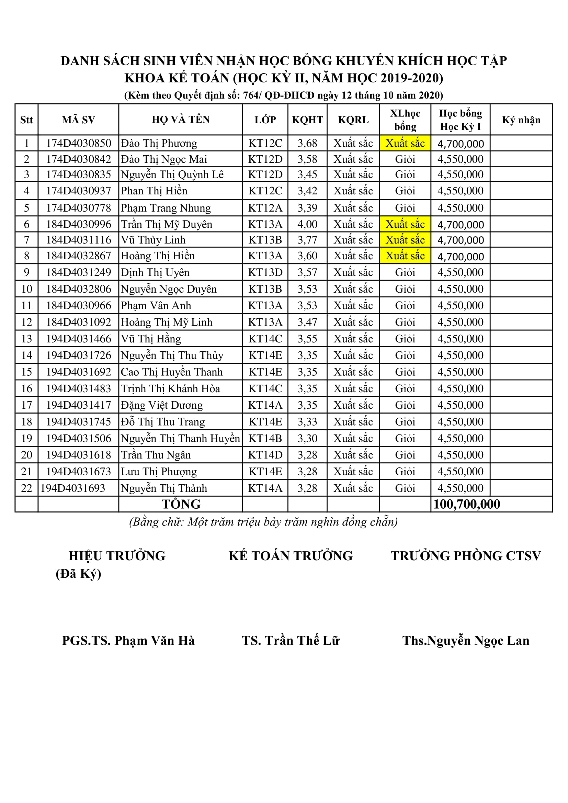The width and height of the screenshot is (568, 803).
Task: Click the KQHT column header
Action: pyautogui.click(x=307, y=120)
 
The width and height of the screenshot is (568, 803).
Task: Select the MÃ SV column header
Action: pyautogui.click(x=78, y=120)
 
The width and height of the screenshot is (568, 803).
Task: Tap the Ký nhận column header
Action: pyautogui.click(x=521, y=120)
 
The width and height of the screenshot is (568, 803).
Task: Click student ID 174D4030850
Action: pyautogui.click(x=78, y=143)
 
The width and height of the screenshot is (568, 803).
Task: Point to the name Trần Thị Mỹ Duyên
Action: pyautogui.click(x=167, y=224)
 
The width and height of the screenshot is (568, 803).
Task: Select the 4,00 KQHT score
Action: pyautogui.click(x=307, y=224)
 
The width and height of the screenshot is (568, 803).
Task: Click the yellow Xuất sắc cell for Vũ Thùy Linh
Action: pyautogui.click(x=405, y=240)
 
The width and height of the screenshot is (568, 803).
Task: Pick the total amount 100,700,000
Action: pyautogui.click(x=467, y=504)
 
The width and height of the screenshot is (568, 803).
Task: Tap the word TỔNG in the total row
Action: pyautogui.click(x=181, y=504)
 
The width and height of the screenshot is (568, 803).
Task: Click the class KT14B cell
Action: pyautogui.click(x=265, y=438)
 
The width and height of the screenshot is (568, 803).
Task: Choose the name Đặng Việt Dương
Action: pyautogui.click(x=162, y=405)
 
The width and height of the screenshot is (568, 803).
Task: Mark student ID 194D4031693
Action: pyautogui.click(x=73, y=488)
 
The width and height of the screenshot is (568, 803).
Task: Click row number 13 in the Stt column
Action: pyautogui.click(x=26, y=339)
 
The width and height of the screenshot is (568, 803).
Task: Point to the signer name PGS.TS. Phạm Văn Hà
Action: pyautogui.click(x=128, y=640)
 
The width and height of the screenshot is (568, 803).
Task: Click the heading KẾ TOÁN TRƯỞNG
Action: pyautogui.click(x=291, y=556)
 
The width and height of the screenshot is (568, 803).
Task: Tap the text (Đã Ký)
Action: pyautogui.click(x=78, y=573)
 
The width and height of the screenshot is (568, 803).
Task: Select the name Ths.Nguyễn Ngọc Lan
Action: pyautogui.click(x=466, y=640)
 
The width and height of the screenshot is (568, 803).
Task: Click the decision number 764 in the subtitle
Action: pyautogui.click(x=250, y=95)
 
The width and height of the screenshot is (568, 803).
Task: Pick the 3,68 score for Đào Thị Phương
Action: pyautogui.click(x=307, y=143)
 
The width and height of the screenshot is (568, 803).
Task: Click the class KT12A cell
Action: pyautogui.click(x=265, y=208)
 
